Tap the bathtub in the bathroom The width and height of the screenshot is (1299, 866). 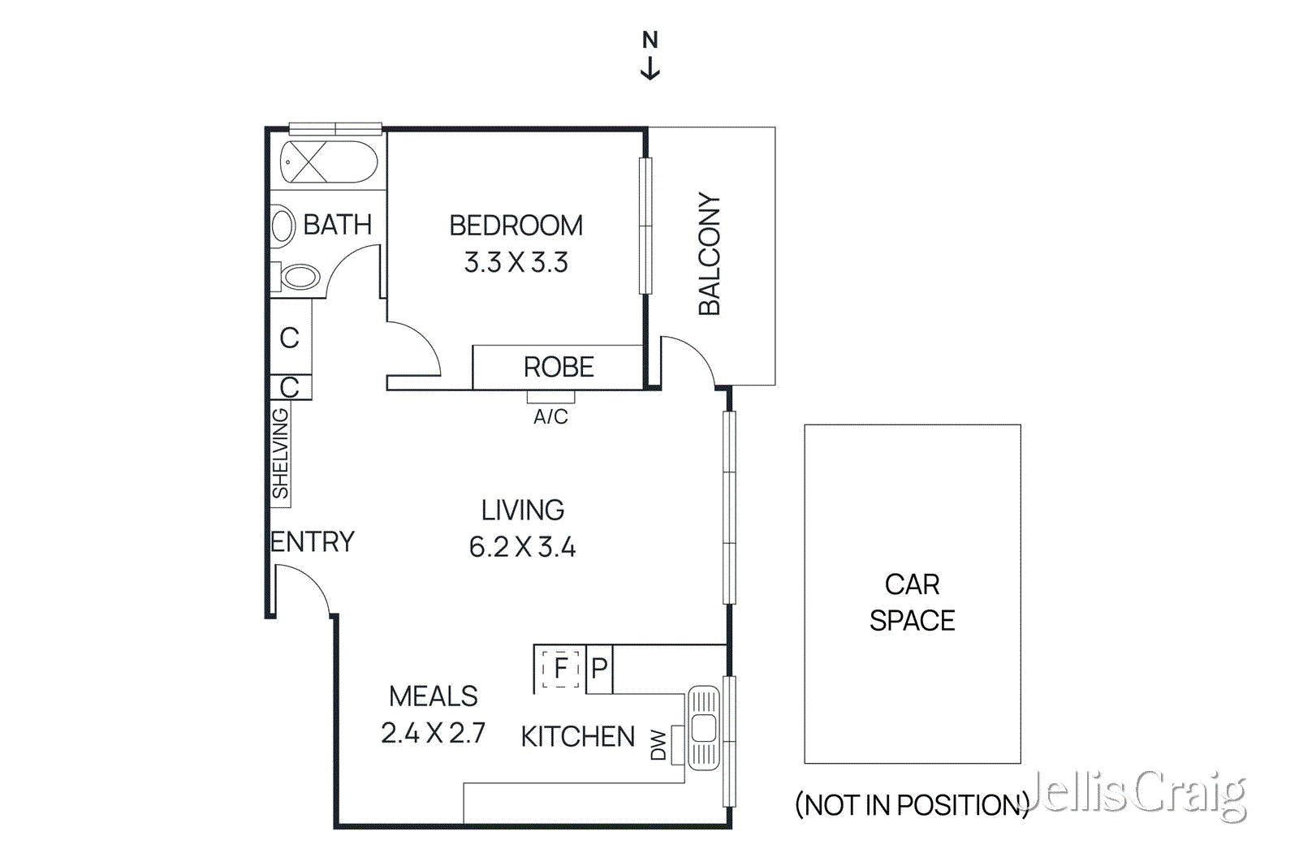click(329, 162)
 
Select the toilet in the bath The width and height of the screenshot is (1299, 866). click(300, 277)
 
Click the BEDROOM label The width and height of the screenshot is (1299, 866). click(516, 226)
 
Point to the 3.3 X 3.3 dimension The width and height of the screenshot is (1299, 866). click(516, 263)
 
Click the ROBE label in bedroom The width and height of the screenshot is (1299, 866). click(559, 368)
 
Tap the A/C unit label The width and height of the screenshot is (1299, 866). click(550, 417)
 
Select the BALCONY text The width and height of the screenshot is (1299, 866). click(709, 254)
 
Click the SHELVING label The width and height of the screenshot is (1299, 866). click(280, 454)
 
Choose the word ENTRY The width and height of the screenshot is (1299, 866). click(313, 542)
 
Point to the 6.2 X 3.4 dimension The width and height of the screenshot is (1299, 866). click(522, 547)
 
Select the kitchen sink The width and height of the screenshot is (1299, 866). click(703, 728)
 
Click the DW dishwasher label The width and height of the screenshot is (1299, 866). click(658, 745)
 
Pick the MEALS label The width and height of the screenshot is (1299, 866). click(434, 696)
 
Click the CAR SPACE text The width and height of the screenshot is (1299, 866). click(912, 602)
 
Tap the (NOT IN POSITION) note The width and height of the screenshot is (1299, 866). click(912, 805)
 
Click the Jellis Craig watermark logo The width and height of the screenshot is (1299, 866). click(1137, 793)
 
